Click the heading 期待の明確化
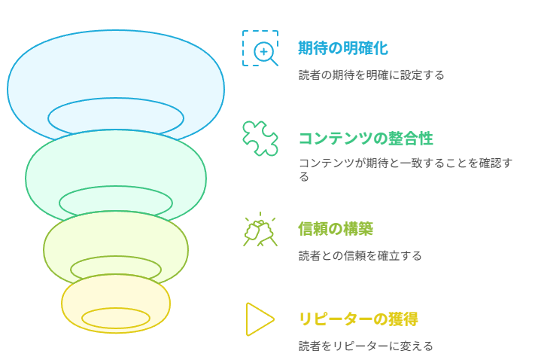coord(343,47)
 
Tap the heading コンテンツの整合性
coord(366,139)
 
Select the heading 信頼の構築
coord(336,229)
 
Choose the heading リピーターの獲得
coord(358,319)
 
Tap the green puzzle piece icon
coord(260,139)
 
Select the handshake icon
coord(260,229)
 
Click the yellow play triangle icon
coord(260,319)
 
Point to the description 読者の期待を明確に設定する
coord(371,75)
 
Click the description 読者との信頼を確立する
coord(360,255)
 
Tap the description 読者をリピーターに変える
coord(366,346)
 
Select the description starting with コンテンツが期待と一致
coord(406,169)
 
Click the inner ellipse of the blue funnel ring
coord(116,99)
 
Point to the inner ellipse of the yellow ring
coord(116,309)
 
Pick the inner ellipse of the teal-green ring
coord(116,187)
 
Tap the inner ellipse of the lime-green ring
coord(116,257)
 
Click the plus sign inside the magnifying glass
coord(263,52)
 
